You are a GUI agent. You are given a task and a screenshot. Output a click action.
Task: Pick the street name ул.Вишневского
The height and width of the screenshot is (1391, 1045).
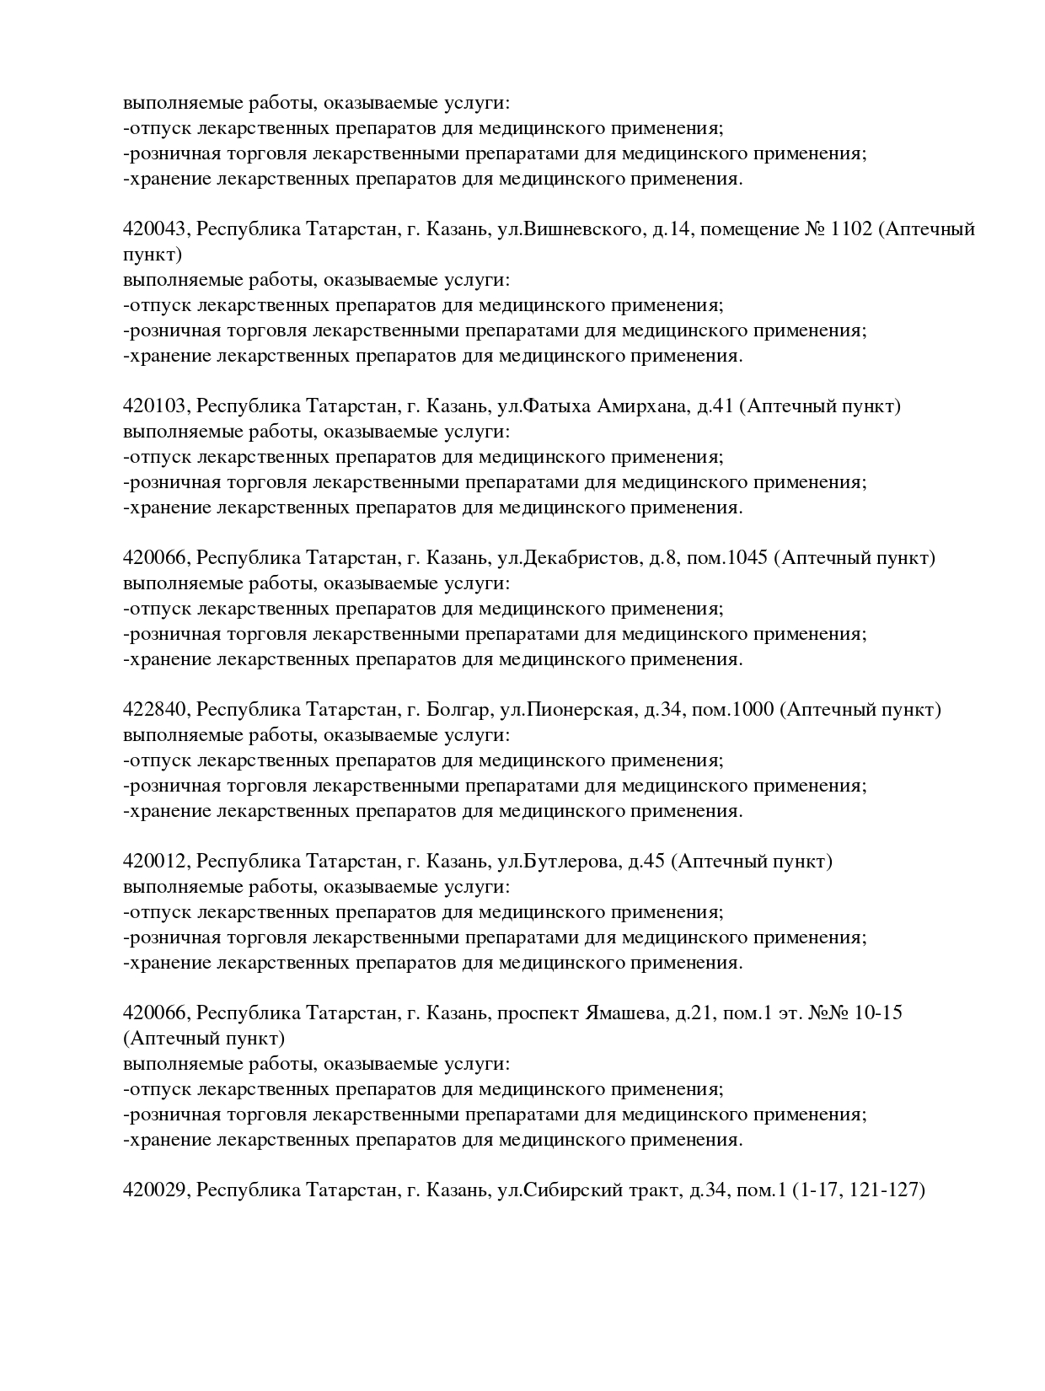coord(571,229)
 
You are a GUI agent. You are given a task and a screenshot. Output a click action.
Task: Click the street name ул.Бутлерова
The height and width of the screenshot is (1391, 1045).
coord(560,862)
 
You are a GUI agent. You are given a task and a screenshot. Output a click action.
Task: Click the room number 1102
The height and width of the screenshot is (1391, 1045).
coord(851,229)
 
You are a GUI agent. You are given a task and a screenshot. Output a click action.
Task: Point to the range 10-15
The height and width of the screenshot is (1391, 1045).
coord(878,1012)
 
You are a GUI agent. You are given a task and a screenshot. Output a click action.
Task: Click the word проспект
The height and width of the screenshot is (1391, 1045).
coord(539,1012)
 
